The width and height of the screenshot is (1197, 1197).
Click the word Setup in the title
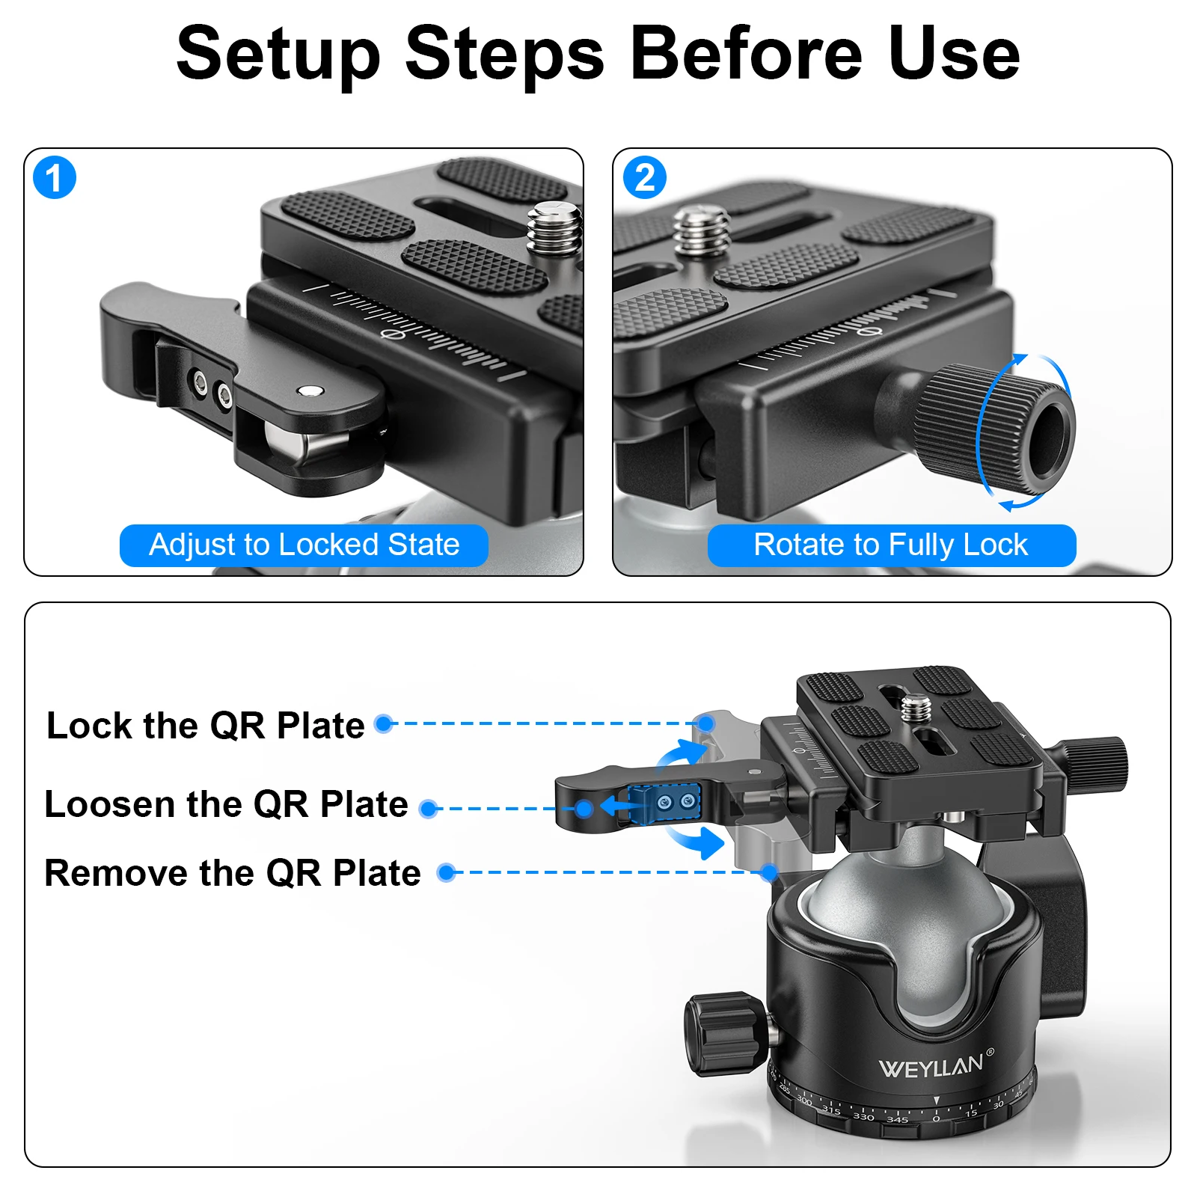click(278, 54)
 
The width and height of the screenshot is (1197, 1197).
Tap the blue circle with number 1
click(55, 178)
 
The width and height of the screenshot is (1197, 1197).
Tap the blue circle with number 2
click(644, 178)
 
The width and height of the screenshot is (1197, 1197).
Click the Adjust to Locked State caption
click(304, 545)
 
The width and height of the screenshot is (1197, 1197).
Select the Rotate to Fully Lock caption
click(891, 545)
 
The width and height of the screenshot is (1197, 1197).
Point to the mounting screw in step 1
click(554, 228)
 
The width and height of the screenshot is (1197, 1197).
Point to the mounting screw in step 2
click(700, 231)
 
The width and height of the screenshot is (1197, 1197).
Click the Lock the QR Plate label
click(205, 726)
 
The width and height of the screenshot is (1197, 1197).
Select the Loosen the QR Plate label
click(226, 805)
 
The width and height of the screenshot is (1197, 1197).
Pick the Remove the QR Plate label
click(232, 874)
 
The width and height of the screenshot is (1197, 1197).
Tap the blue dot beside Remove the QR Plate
click(447, 872)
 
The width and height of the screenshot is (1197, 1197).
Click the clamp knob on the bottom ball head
click(1096, 763)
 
